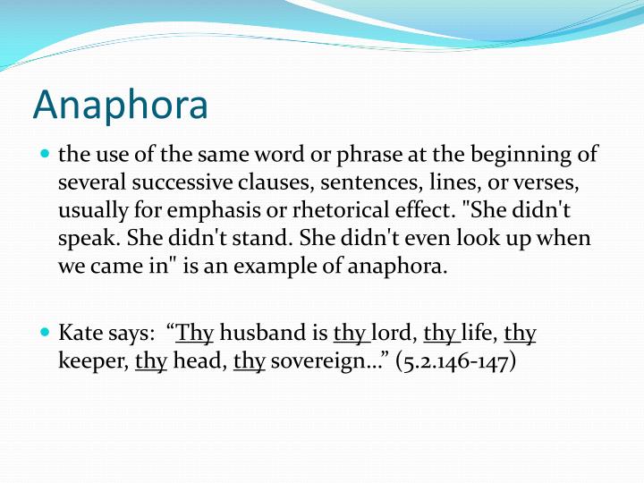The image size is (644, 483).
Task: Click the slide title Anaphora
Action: (x=120, y=105)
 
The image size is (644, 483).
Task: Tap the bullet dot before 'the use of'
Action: (x=45, y=155)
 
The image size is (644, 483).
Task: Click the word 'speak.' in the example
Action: (x=89, y=240)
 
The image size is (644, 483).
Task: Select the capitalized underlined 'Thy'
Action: (x=195, y=335)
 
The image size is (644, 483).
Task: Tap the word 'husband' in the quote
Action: (x=263, y=334)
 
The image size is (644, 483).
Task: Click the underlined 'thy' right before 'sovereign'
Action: (x=249, y=363)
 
